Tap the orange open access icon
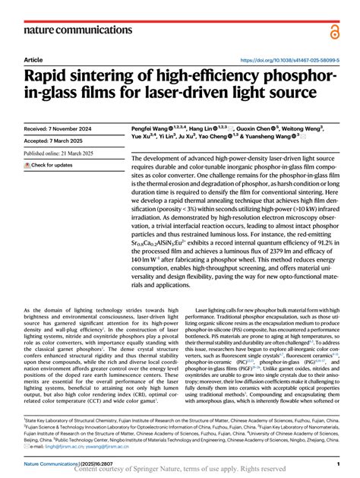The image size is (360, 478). click(x=335, y=30)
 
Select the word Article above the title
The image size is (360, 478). click(x=33, y=59)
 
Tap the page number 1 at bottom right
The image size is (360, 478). click(x=336, y=463)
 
